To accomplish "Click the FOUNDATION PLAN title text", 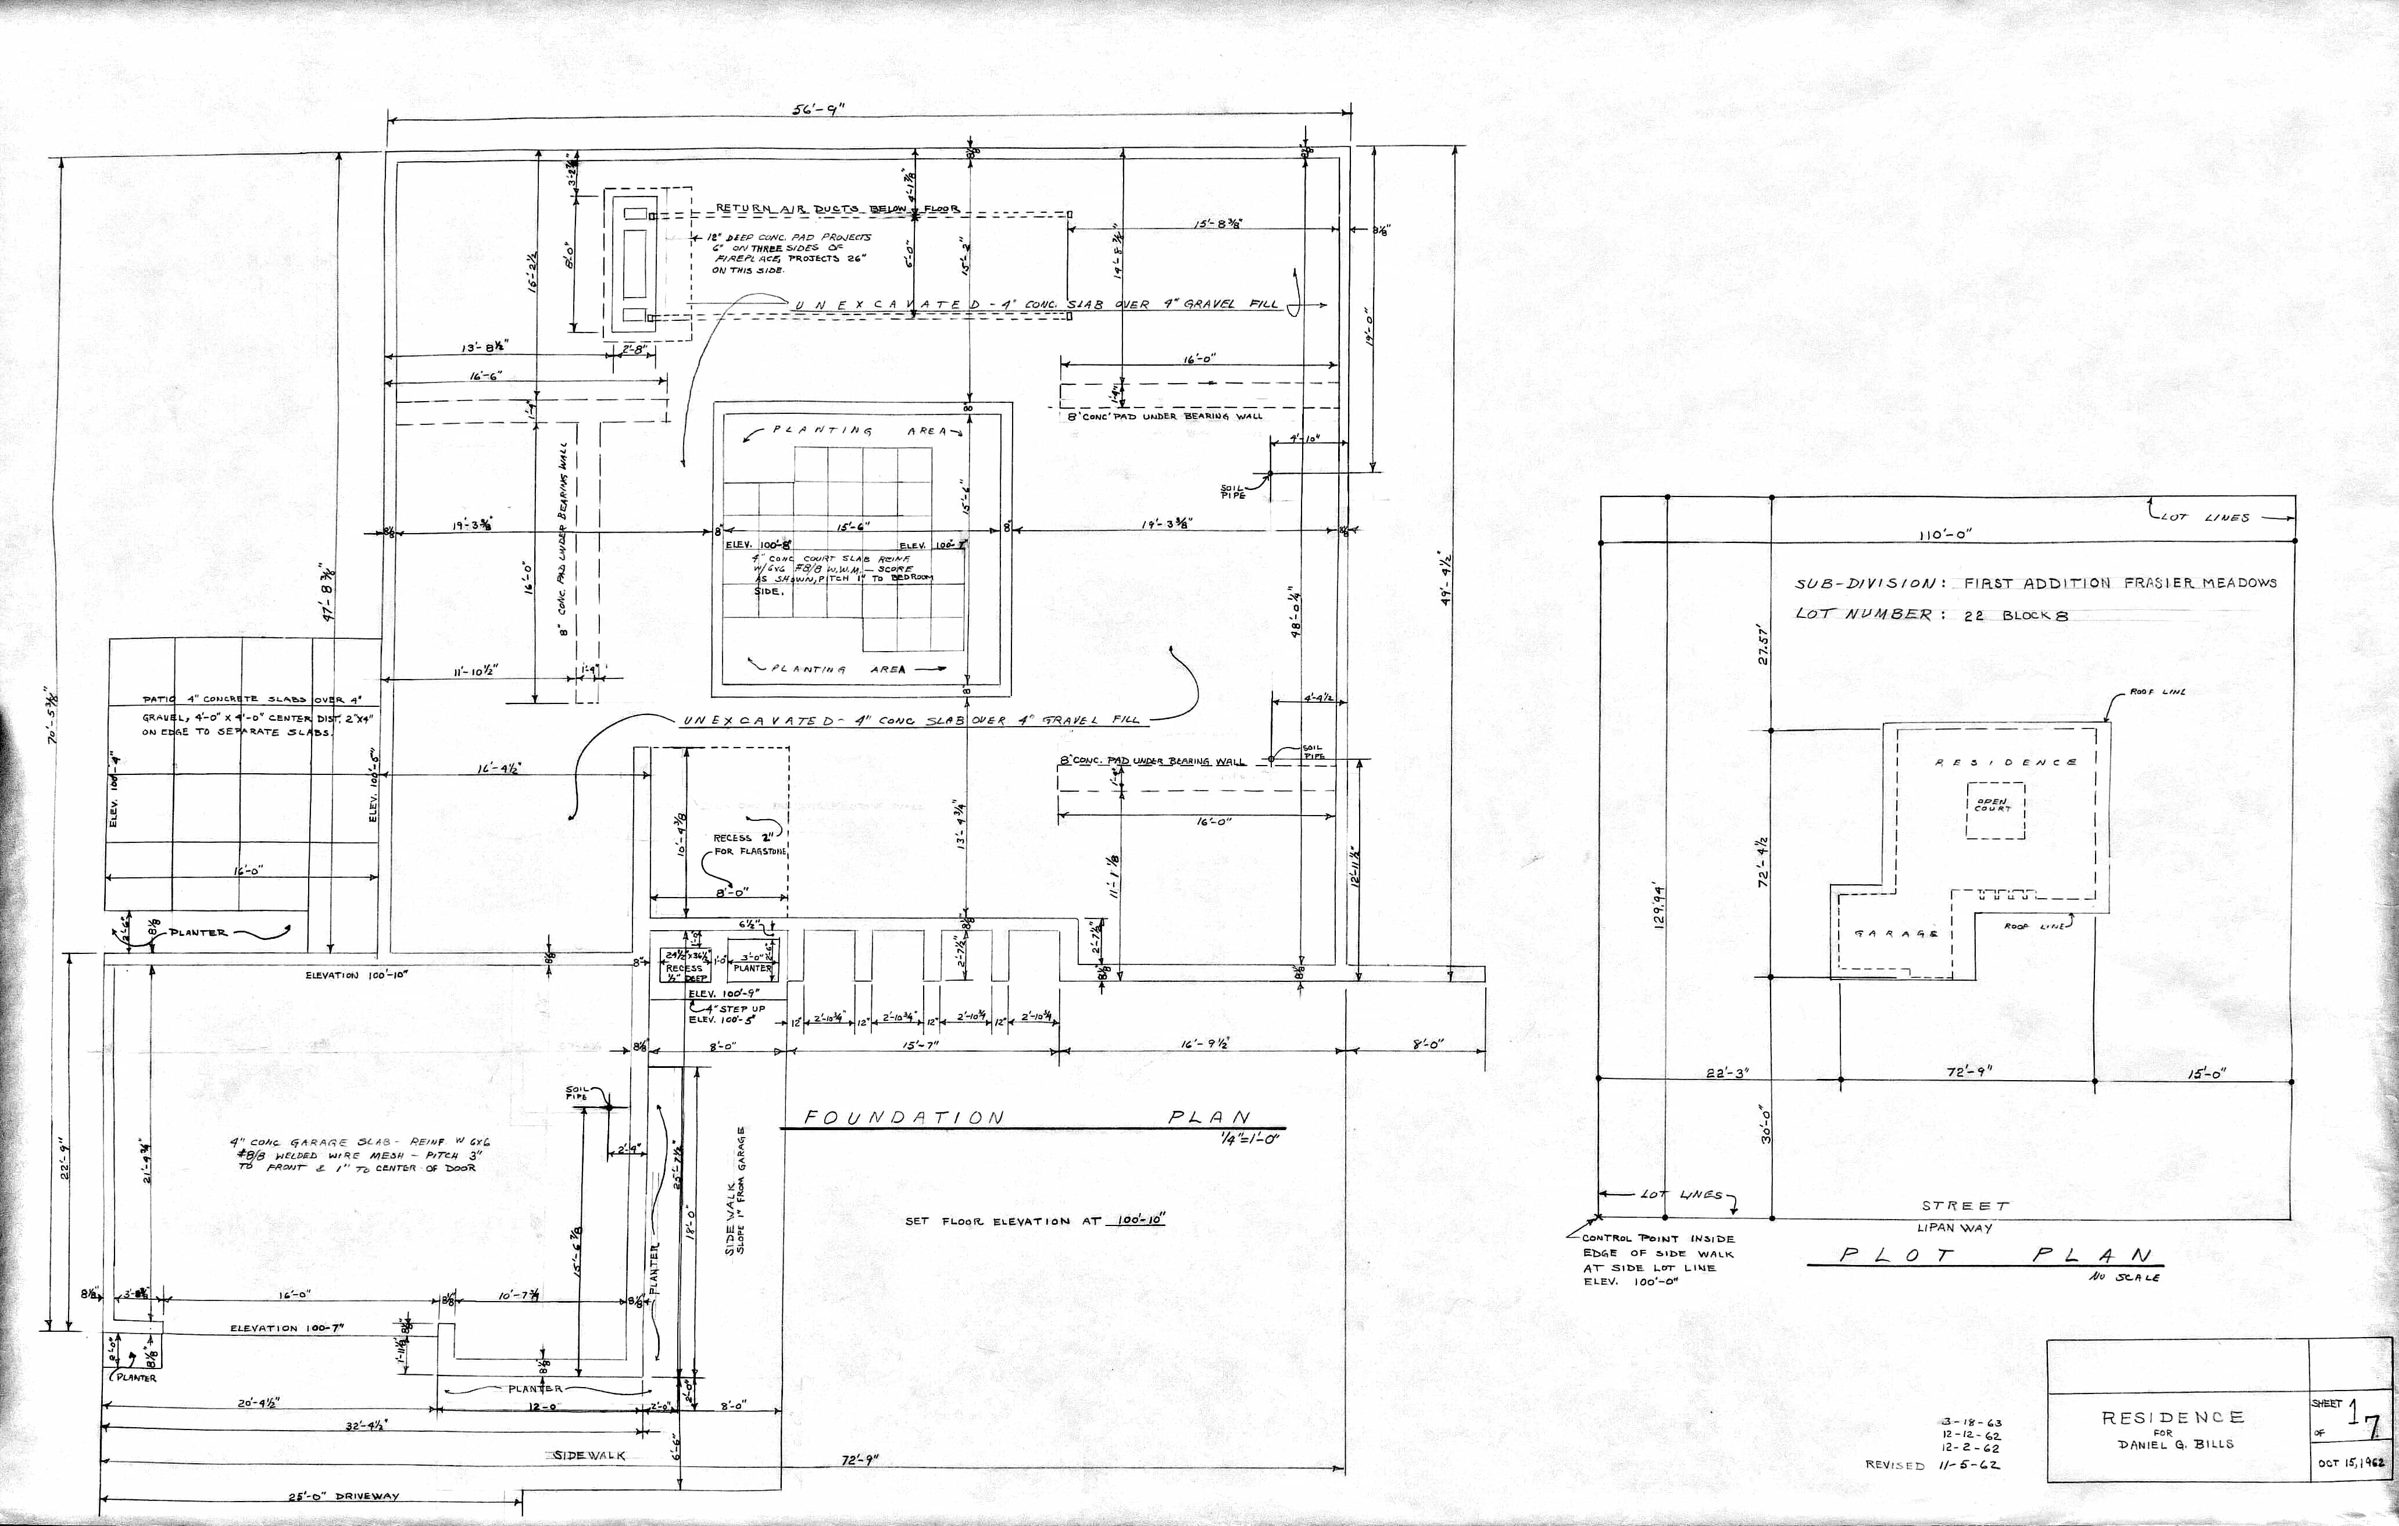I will coord(1026,1117).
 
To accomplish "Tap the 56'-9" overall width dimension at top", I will coord(818,109).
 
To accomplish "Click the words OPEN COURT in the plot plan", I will coord(1993,805).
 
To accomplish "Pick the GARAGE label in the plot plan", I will coord(1895,934).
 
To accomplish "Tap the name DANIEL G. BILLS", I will coord(2175,1444).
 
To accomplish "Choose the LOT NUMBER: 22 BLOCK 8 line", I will coord(1930,614).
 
